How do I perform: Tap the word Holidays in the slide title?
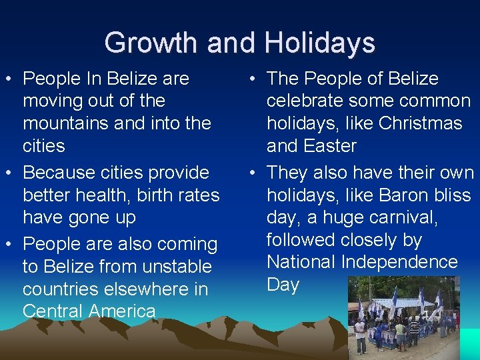(x=319, y=43)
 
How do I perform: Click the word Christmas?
(x=421, y=123)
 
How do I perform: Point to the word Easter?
(x=331, y=146)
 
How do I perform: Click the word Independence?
(x=399, y=262)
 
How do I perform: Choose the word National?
(x=301, y=262)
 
